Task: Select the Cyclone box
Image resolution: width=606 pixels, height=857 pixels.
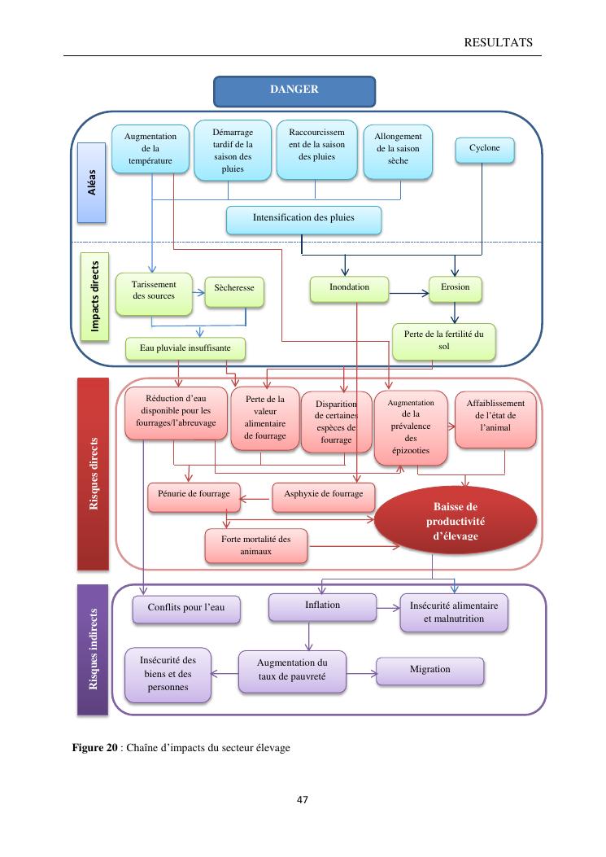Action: [x=485, y=150]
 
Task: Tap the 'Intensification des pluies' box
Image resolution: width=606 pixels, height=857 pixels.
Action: [x=303, y=219]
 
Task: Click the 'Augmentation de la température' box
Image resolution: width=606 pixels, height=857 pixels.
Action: [x=150, y=150]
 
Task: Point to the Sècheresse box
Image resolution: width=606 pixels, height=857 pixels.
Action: [x=234, y=289]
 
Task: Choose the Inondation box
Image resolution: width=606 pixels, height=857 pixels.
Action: [x=349, y=287]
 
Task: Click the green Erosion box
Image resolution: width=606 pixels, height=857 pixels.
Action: [x=455, y=287]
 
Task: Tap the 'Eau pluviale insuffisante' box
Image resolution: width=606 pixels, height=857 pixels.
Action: [x=185, y=348]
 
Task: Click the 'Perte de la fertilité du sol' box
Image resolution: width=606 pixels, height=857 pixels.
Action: [x=443, y=340]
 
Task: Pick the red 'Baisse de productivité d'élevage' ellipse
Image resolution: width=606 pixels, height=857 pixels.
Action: [x=456, y=521]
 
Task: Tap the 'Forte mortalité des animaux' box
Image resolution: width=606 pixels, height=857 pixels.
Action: [x=255, y=545]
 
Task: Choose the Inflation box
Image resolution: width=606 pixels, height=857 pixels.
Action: [x=322, y=606]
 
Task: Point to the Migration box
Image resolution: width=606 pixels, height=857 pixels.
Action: [x=429, y=670]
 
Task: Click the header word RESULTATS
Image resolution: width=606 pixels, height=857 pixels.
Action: [x=499, y=42]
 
